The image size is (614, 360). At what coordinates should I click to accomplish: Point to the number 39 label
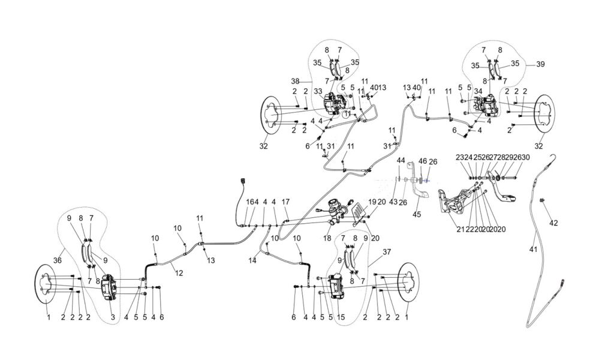[540, 64]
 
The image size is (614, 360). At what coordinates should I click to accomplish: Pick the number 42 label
[553, 223]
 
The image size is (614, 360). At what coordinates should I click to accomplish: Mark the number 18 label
[327, 238]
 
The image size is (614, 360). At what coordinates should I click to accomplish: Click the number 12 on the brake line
[179, 273]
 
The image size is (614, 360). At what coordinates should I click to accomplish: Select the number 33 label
[318, 91]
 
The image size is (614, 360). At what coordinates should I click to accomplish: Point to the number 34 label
[478, 91]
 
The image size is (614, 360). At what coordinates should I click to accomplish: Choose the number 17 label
[285, 202]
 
